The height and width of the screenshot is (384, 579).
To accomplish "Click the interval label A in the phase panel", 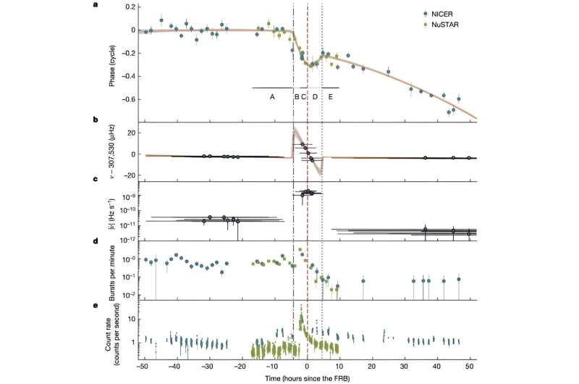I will pos(272,96).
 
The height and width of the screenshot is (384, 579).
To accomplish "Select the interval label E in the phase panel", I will pos(331,96).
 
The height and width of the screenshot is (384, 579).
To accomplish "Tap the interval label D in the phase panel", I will pos(315,96).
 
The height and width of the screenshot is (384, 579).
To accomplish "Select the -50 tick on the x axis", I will pos(143,367).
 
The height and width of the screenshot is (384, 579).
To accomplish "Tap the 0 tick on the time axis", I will pos(307,367).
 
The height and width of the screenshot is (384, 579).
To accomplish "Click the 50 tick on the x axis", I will pos(470,367).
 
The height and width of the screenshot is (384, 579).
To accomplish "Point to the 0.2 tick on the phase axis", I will pos(130,7).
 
